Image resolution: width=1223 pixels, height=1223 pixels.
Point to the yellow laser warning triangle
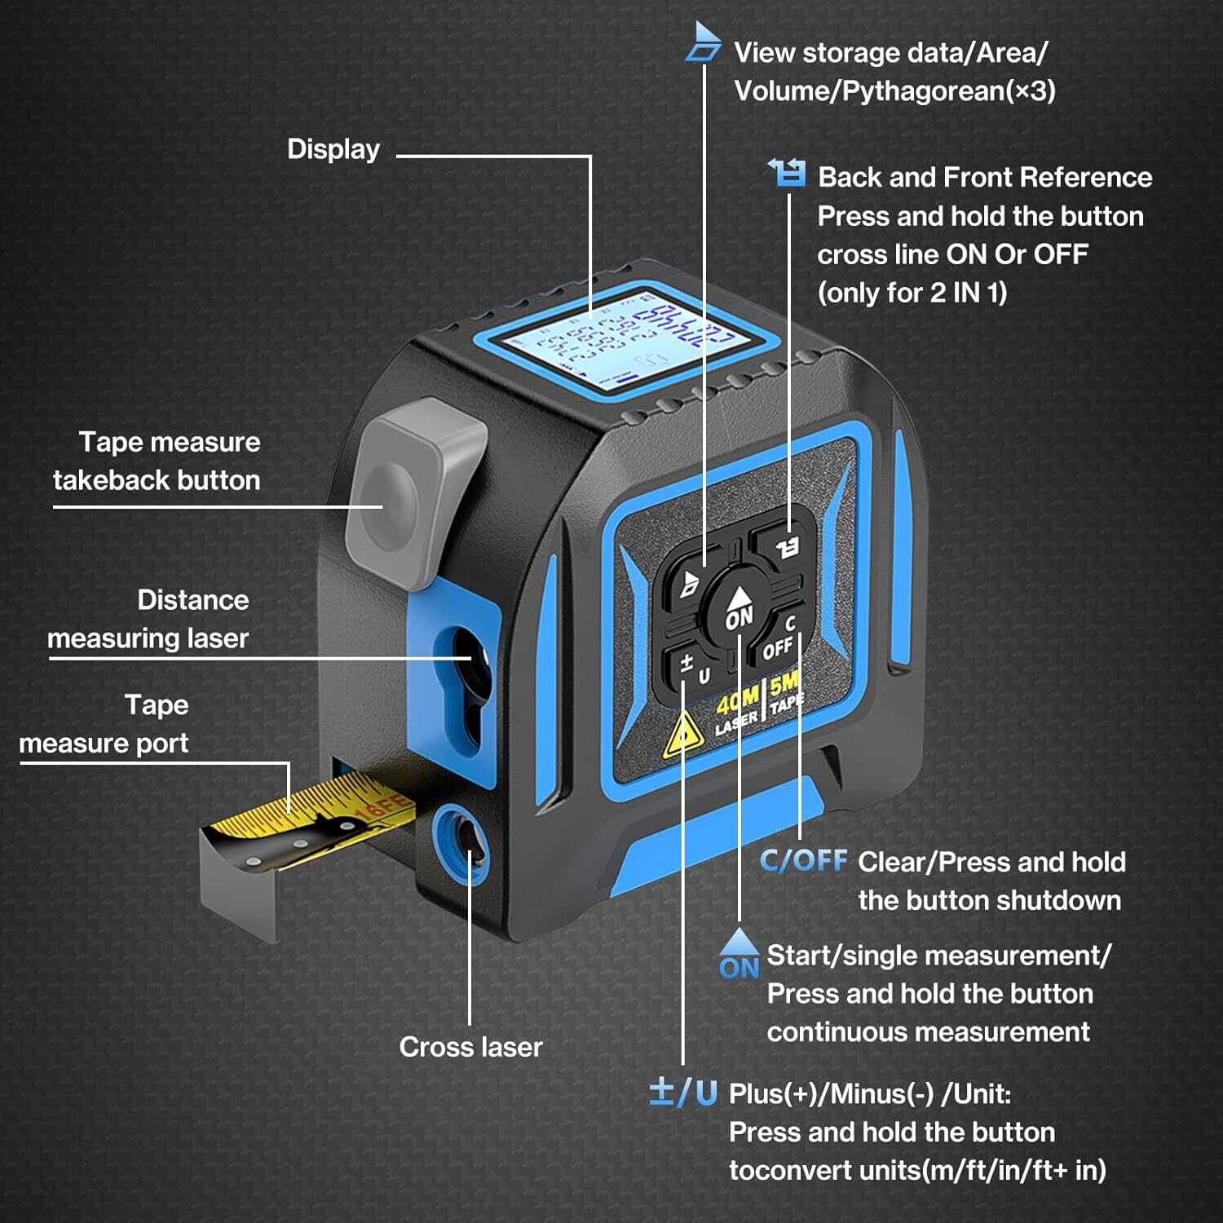point(682,734)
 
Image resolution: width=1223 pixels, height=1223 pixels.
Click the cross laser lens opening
point(463,844)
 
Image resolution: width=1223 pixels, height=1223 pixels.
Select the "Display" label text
point(333,149)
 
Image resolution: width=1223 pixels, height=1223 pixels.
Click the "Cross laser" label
point(470,1047)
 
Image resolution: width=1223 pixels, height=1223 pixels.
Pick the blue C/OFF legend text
point(803,861)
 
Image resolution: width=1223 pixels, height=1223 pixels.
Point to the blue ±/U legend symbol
point(682,1092)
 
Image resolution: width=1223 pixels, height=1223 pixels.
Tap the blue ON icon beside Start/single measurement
point(740,954)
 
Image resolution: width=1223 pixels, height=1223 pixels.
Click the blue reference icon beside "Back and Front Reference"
point(788,173)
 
